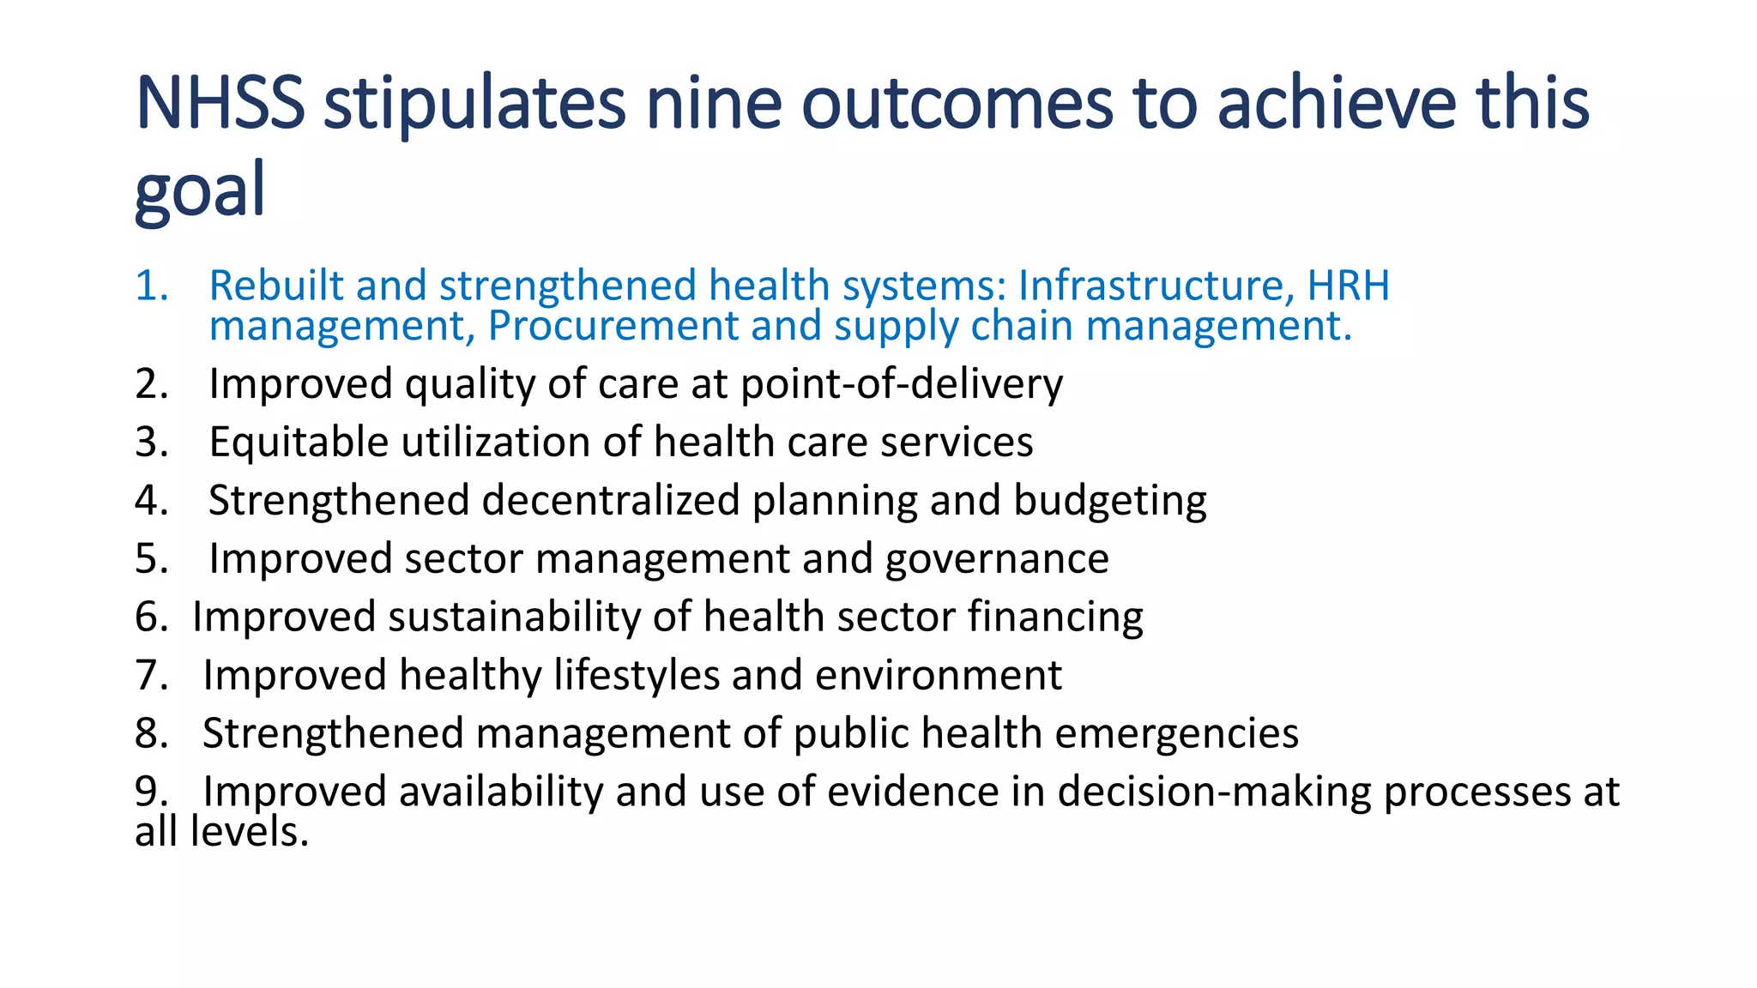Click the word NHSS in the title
click(220, 103)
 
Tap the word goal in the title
click(200, 190)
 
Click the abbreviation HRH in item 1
click(1348, 286)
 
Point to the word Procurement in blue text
click(613, 326)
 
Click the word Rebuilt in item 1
click(276, 286)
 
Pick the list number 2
click(151, 383)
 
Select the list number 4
click(151, 500)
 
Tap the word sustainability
click(514, 617)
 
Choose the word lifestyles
click(637, 675)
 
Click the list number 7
click(151, 675)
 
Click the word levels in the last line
click(250, 832)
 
